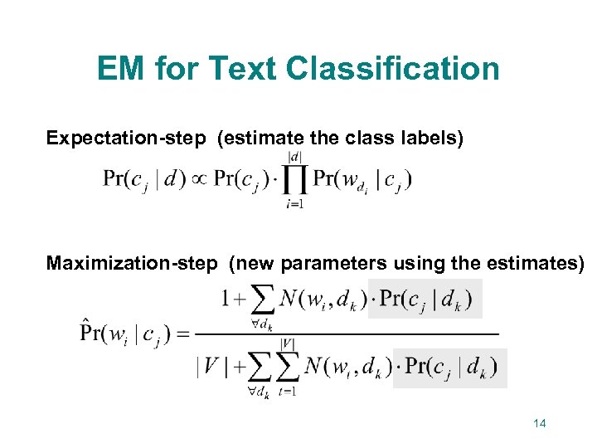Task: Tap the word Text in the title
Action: tap(246, 68)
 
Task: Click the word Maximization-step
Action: tap(133, 264)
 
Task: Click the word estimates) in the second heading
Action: tap(539, 264)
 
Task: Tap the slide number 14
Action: tap(539, 424)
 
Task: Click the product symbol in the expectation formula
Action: tap(294, 178)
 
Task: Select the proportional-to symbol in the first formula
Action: tap(198, 179)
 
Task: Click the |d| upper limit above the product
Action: tap(294, 155)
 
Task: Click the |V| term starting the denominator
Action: tap(208, 366)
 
